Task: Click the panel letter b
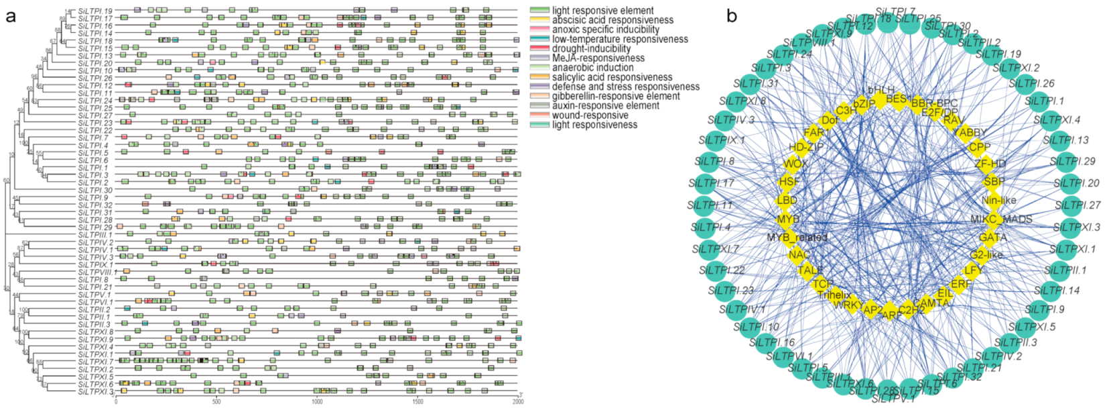point(732,15)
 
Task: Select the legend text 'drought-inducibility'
point(591,48)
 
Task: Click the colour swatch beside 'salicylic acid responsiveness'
point(540,77)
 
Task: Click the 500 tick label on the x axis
point(216,401)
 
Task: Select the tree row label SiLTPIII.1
point(95,235)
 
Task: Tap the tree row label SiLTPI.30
point(95,190)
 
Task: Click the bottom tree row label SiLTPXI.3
point(95,391)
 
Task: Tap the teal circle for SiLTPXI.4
point(1043,121)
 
